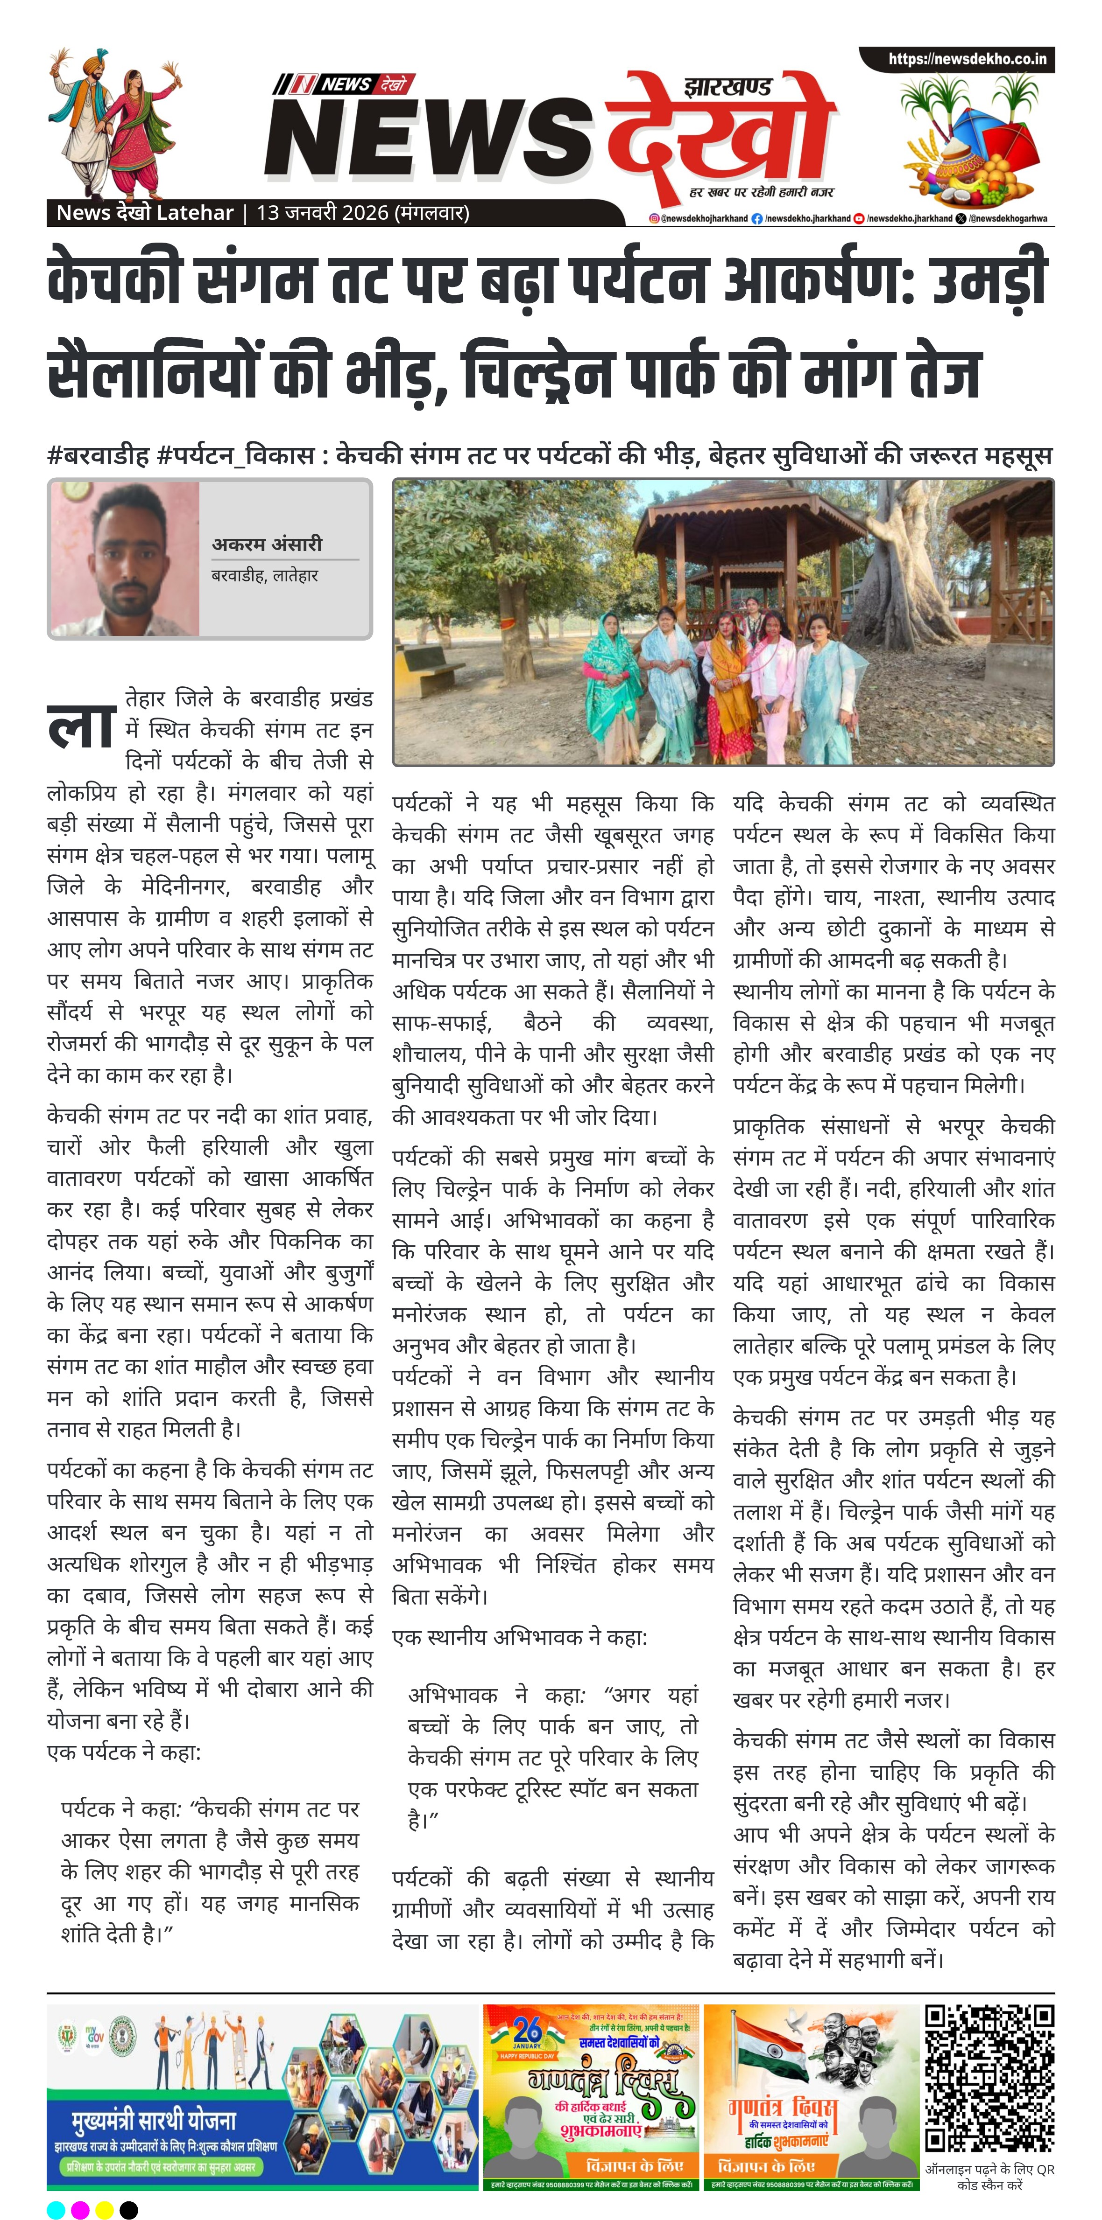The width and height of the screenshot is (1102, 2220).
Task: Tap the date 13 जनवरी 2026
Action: tap(323, 213)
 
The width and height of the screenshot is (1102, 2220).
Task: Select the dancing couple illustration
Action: tap(115, 121)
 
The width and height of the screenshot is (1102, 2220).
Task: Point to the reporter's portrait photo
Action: tap(124, 558)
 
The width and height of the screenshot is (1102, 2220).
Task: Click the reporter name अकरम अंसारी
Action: tap(267, 544)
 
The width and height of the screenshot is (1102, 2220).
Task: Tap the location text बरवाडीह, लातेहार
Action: tap(265, 575)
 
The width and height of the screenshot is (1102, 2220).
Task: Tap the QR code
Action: tap(989, 2078)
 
